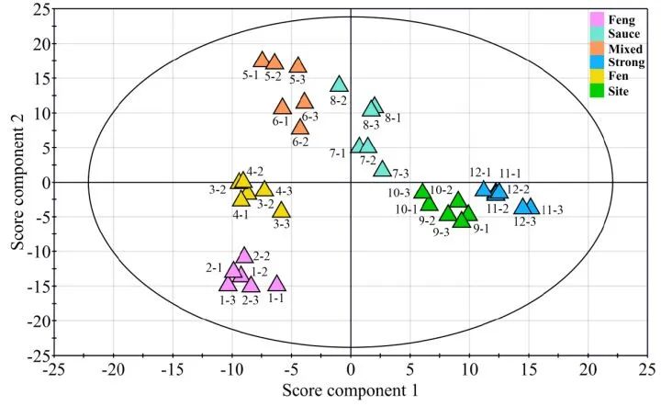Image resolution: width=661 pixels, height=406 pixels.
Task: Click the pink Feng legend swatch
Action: click(x=597, y=18)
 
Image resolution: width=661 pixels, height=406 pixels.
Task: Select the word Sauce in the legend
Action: click(x=623, y=34)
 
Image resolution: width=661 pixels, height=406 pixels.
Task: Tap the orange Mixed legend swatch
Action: click(x=597, y=48)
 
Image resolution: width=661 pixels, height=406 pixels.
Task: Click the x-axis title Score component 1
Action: click(x=351, y=391)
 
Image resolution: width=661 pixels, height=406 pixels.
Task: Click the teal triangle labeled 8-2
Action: click(x=339, y=85)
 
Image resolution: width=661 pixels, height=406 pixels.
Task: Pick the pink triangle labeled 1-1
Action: click(x=276, y=284)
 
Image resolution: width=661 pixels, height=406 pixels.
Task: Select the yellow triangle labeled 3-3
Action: click(x=282, y=209)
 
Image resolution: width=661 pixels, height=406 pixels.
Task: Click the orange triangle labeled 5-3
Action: click(x=297, y=65)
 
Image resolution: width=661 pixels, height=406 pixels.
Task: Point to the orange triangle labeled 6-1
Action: click(x=282, y=107)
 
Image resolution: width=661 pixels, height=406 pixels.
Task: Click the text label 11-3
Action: click(x=552, y=210)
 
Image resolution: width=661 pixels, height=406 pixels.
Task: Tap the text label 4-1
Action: click(x=241, y=215)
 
